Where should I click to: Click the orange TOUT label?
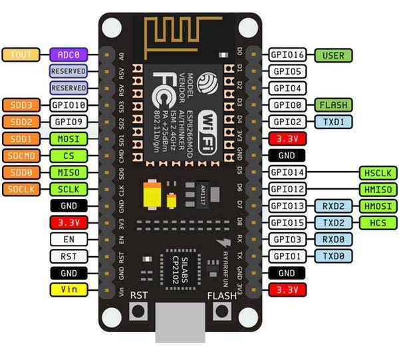pyautogui.click(x=23, y=55)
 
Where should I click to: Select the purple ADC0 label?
pyautogui.click(x=68, y=55)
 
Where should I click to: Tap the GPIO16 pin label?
pyautogui.click(x=287, y=55)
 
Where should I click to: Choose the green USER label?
pyautogui.click(x=333, y=55)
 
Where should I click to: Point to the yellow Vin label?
pyautogui.click(x=68, y=289)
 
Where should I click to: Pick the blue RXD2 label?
pyautogui.click(x=333, y=206)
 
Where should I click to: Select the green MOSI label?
pyautogui.click(x=68, y=138)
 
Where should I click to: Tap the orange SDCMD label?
pyautogui.click(x=23, y=156)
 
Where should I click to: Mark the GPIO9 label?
pyautogui.click(x=68, y=122)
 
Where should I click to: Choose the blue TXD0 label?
pyautogui.click(x=333, y=256)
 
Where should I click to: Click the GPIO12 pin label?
pyautogui.click(x=287, y=190)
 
